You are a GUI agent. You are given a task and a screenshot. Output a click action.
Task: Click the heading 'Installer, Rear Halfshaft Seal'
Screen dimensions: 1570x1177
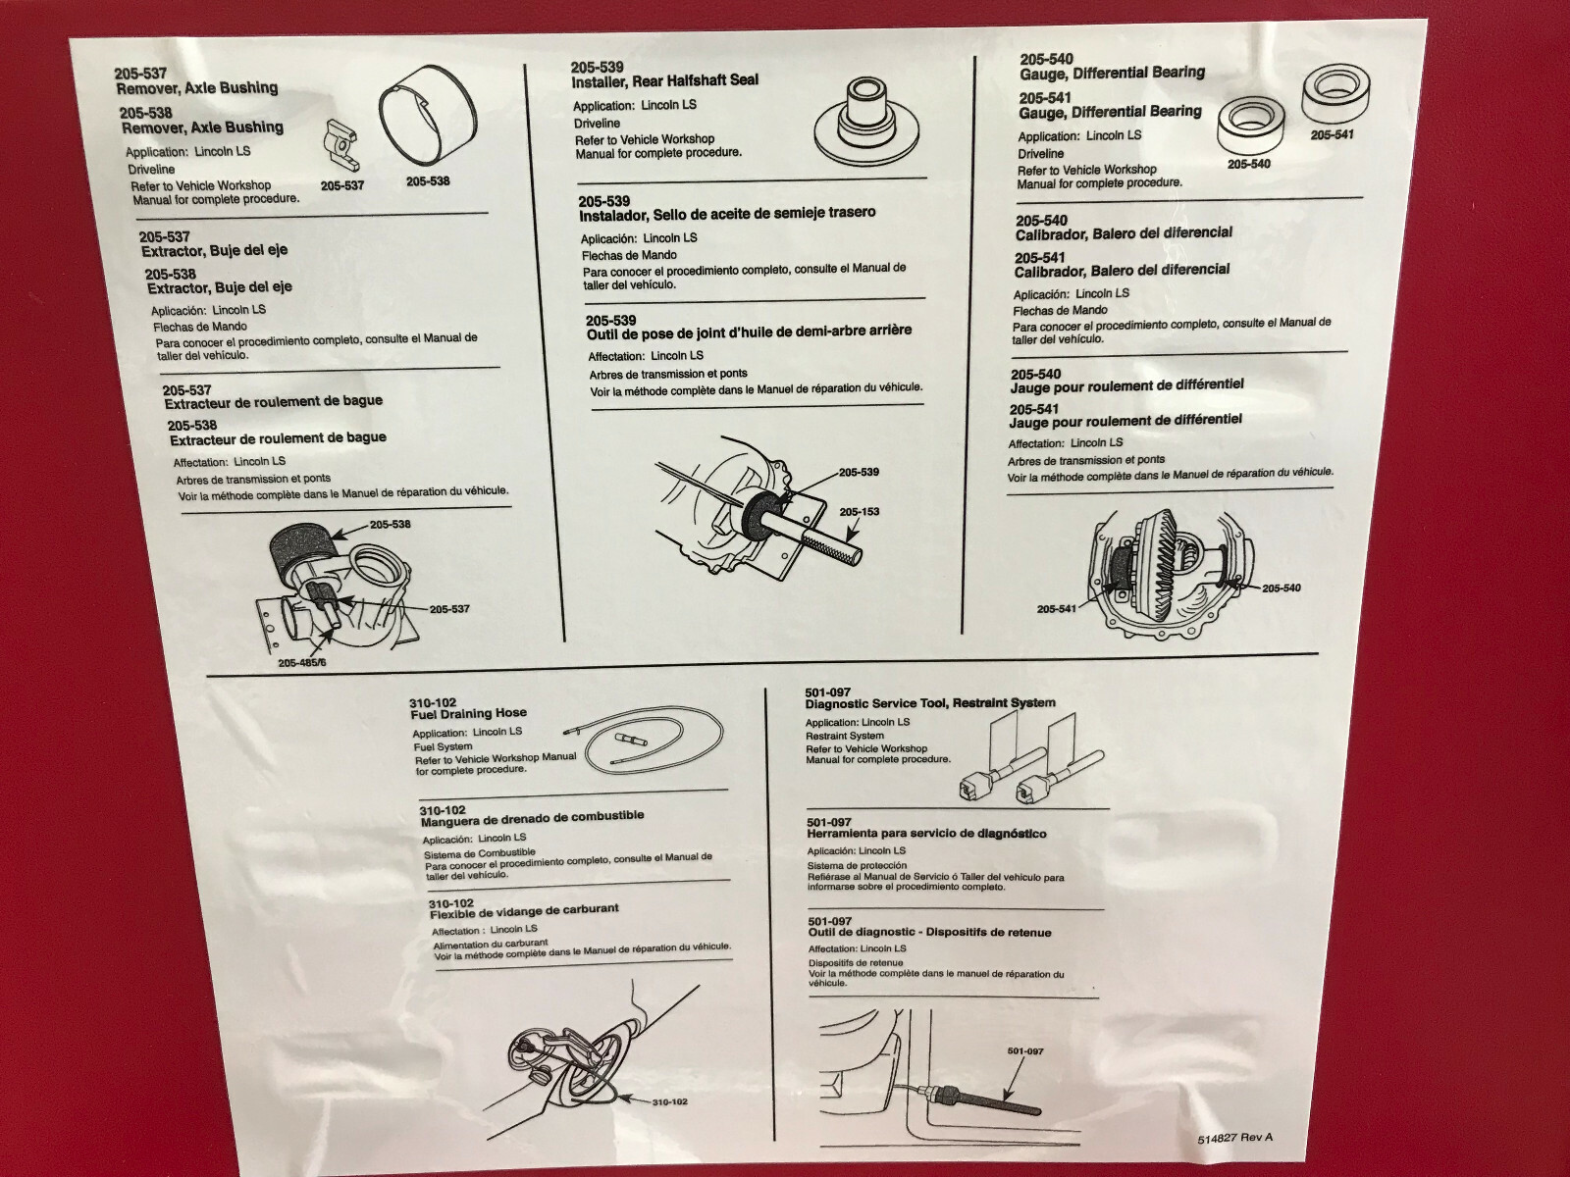pyautogui.click(x=665, y=81)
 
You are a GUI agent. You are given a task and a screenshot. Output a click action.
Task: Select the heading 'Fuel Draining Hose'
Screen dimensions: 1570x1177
pyautogui.click(x=468, y=713)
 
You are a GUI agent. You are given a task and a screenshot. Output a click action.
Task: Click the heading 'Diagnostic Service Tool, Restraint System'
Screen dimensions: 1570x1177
pyautogui.click(x=930, y=703)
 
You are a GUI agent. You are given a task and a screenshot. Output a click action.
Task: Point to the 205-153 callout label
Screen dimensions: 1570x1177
pyautogui.click(x=859, y=512)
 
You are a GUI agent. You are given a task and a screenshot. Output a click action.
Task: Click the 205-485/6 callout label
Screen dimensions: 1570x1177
pyautogui.click(x=302, y=662)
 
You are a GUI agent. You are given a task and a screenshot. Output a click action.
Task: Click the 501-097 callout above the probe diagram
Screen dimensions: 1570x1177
pyautogui.click(x=1025, y=1051)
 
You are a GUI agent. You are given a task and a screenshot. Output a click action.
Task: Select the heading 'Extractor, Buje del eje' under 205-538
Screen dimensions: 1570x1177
pyautogui.click(x=220, y=287)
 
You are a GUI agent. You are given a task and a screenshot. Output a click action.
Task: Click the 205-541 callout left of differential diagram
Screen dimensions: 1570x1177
pyautogui.click(x=1057, y=609)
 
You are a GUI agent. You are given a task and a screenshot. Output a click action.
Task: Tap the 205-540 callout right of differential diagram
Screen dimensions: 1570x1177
pyautogui.click(x=1282, y=588)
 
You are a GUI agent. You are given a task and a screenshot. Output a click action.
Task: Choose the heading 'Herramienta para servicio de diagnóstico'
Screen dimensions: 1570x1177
pyautogui.click(x=926, y=834)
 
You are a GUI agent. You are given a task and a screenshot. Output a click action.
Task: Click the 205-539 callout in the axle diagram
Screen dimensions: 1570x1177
pyautogui.click(x=859, y=473)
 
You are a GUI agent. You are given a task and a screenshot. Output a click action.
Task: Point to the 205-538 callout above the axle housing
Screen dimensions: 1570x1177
pyautogui.click(x=390, y=525)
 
